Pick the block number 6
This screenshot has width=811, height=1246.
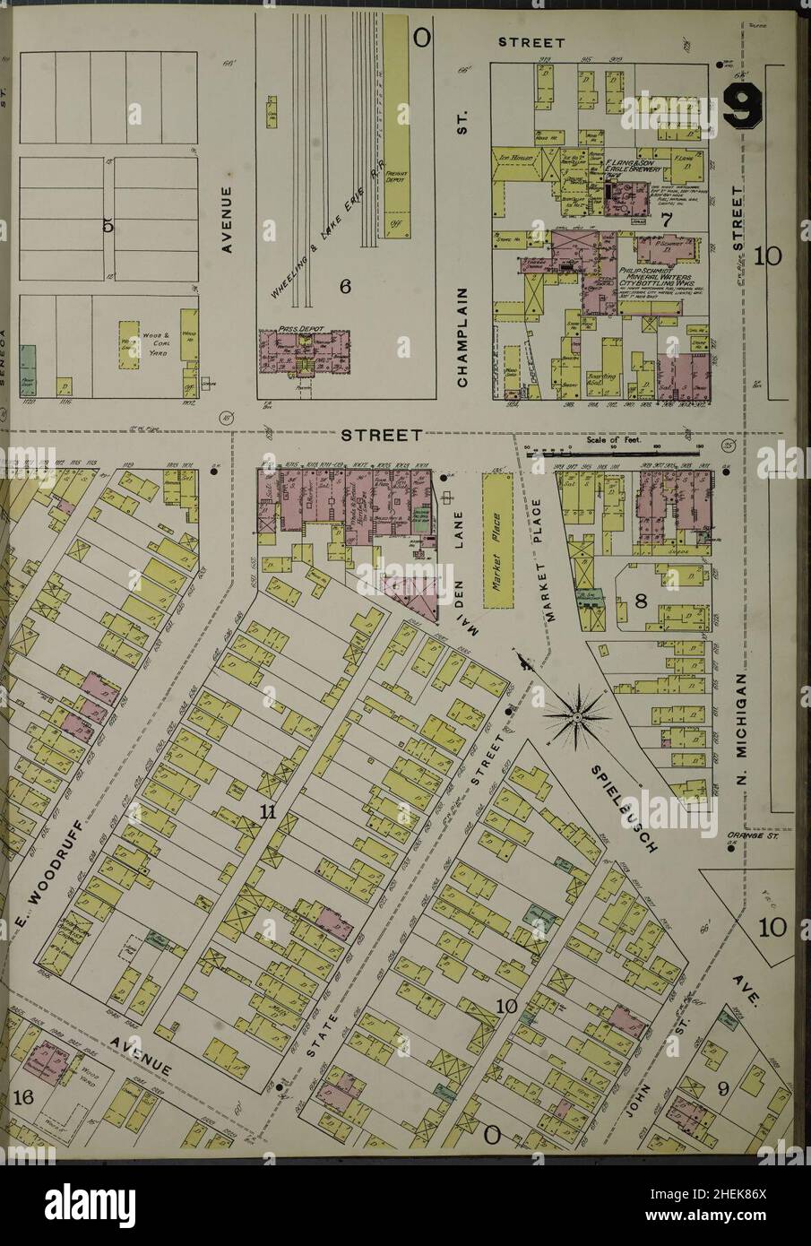click(342, 286)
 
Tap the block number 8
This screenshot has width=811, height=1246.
click(640, 601)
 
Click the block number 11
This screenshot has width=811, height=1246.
click(265, 812)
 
